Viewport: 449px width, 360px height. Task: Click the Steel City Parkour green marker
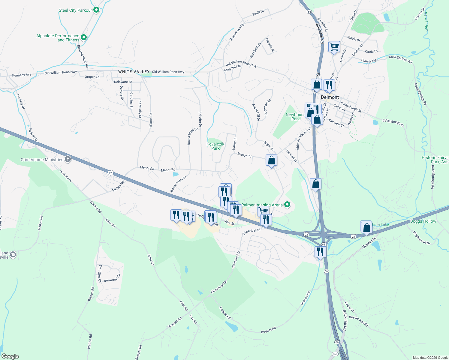coord(96,10)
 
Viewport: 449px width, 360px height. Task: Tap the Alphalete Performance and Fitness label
coord(58,38)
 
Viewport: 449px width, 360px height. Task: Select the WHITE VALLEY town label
coord(134,72)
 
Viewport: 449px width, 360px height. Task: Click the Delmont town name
coord(330,97)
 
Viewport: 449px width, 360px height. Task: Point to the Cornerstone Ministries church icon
coord(68,159)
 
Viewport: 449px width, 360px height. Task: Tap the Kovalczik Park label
coord(215,146)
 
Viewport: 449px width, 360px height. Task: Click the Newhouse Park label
coord(295,117)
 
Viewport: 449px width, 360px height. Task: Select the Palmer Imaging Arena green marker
coord(287,205)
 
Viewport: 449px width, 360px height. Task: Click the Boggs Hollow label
coord(423,221)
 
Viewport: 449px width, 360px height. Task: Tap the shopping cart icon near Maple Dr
coord(334,47)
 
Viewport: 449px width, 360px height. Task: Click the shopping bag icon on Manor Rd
coord(271,160)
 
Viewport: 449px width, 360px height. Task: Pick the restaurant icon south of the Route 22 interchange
coord(320,251)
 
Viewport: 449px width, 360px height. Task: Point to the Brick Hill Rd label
coord(345,320)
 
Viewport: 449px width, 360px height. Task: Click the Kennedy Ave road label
coord(22,75)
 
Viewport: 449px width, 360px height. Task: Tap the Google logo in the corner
coord(10,356)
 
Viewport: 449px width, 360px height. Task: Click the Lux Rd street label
coord(193,319)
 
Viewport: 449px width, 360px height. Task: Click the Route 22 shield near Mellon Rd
coord(110,173)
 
